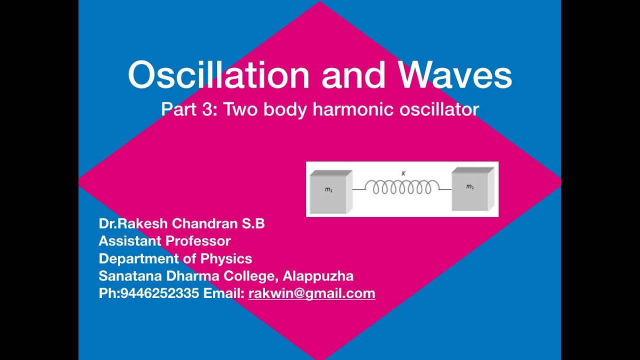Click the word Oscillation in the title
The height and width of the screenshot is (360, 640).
(219, 75)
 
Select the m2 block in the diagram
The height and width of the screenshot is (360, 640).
(471, 189)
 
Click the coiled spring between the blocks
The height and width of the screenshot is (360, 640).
(402, 187)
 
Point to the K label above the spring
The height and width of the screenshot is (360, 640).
(403, 173)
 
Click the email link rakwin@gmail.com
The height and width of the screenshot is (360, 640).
(311, 293)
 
